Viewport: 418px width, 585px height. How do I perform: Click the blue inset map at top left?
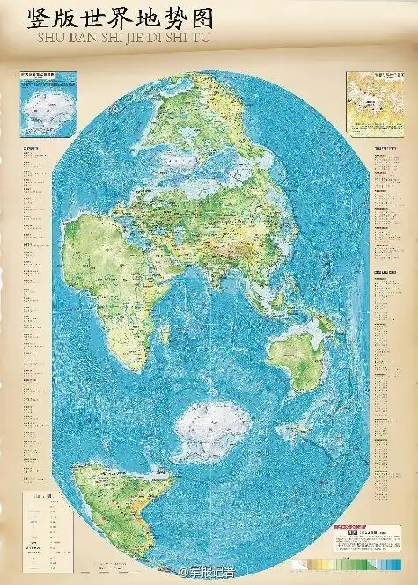pos(48,104)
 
